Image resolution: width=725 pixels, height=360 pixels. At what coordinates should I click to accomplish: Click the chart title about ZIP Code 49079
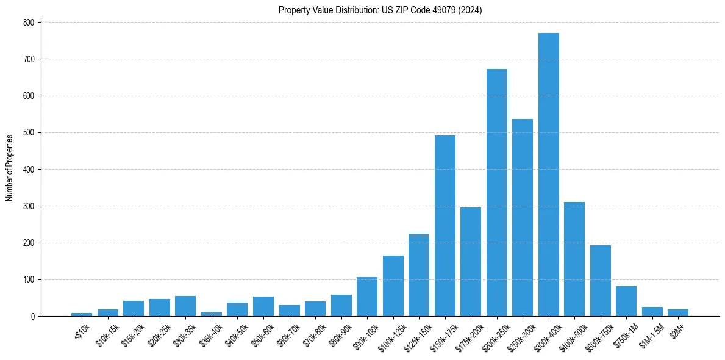(x=380, y=10)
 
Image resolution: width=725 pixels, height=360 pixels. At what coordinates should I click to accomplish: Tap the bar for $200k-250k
(x=497, y=193)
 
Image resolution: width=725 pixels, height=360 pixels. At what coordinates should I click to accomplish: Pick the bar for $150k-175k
(x=445, y=226)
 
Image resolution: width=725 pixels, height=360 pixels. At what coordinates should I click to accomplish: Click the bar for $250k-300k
(x=523, y=218)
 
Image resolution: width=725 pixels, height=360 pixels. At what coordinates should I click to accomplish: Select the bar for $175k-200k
(x=471, y=262)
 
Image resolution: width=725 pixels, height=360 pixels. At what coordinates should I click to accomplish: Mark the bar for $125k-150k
(x=419, y=275)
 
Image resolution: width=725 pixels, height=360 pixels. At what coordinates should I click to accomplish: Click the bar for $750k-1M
(x=626, y=301)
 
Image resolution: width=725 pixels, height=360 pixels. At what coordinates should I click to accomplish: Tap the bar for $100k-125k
(x=393, y=286)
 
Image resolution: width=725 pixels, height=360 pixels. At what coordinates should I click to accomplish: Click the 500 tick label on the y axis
(x=30, y=132)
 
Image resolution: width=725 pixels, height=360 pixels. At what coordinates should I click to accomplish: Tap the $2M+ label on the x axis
(x=676, y=329)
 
